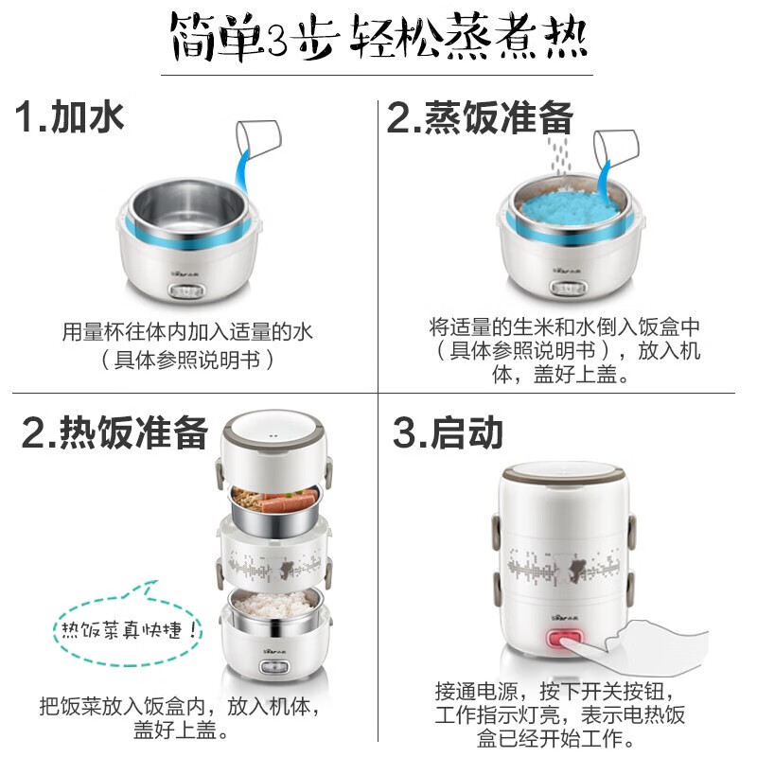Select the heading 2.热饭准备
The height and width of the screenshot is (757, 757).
coord(114,432)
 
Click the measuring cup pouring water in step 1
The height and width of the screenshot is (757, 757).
coord(257,141)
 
